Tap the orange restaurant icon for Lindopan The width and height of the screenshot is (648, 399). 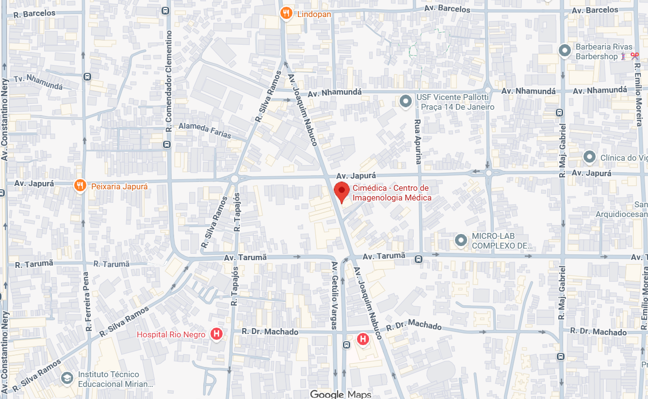pyautogui.click(x=286, y=14)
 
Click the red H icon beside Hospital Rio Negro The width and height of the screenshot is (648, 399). pyautogui.click(x=216, y=334)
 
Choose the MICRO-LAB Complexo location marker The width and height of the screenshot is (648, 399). pyautogui.click(x=460, y=240)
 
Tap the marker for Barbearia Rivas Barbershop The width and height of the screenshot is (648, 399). pyautogui.click(x=564, y=50)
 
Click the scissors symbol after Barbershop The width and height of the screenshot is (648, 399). pyautogui.click(x=634, y=56)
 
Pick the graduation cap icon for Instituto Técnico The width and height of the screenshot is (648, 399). pyautogui.click(x=67, y=378)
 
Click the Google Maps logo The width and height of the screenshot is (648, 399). pyautogui.click(x=334, y=394)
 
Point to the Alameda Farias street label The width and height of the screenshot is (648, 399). pyautogui.click(x=205, y=130)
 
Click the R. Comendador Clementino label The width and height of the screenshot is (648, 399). pyautogui.click(x=169, y=81)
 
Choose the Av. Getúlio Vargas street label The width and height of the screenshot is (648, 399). pyautogui.click(x=334, y=295)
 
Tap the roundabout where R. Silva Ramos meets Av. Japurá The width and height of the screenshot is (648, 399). pyautogui.click(x=235, y=179)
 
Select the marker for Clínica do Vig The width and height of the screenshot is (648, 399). pyautogui.click(x=589, y=157)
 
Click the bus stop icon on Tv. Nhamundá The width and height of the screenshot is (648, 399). pyautogui.click(x=87, y=76)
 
